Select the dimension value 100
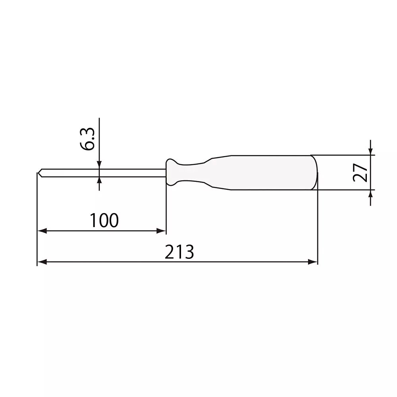coord(104,221)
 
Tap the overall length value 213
coord(179,252)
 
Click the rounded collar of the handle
coord(172,172)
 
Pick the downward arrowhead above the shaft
coord(99,165)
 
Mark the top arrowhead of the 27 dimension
coord(370,151)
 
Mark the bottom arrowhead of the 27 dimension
coord(370,194)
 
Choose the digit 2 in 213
coord(170,252)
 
